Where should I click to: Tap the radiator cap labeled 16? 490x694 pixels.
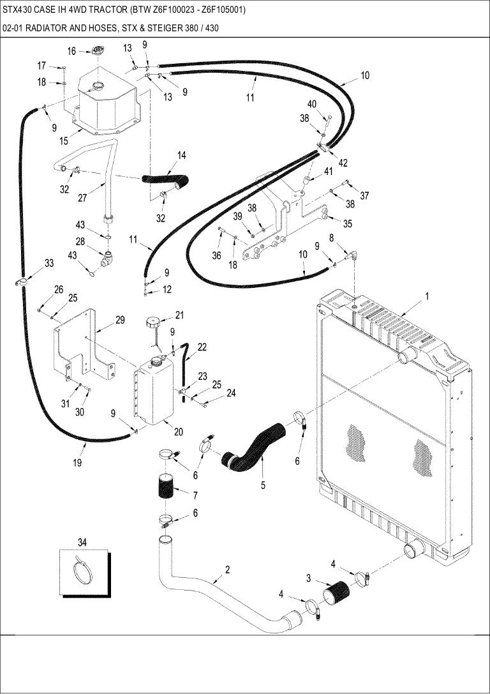pos(98,51)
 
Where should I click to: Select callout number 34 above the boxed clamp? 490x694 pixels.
pos(82,542)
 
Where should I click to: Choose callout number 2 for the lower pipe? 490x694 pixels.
pos(227,570)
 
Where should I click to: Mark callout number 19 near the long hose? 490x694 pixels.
pos(77,463)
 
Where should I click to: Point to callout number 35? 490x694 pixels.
pos(348,223)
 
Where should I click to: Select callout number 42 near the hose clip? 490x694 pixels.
pos(343,163)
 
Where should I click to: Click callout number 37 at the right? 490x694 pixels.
pos(364,196)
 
